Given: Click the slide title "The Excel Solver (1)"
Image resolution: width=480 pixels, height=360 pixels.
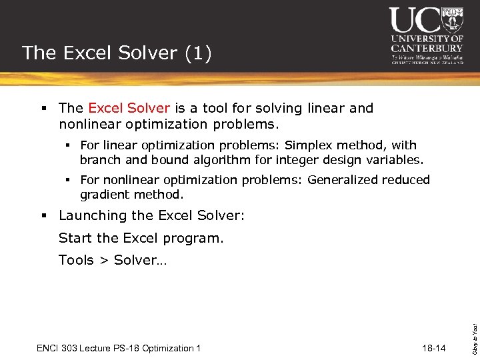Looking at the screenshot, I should click(x=117, y=53).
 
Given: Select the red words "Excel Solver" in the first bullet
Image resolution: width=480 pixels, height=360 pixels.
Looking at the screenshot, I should click(x=129, y=108).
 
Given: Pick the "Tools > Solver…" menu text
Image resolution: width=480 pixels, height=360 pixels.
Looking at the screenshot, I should click(x=113, y=260).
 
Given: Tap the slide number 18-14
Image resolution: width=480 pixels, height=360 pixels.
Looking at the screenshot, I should click(x=434, y=349).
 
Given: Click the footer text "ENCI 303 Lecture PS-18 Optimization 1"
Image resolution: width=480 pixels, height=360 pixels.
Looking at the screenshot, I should click(x=119, y=349).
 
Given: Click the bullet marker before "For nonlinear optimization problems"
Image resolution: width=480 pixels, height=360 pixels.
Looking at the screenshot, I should click(x=69, y=180).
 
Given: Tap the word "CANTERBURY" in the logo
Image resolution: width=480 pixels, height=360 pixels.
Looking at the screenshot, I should click(x=427, y=48).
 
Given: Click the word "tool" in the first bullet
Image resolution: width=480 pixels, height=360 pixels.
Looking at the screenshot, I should click(x=209, y=108).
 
